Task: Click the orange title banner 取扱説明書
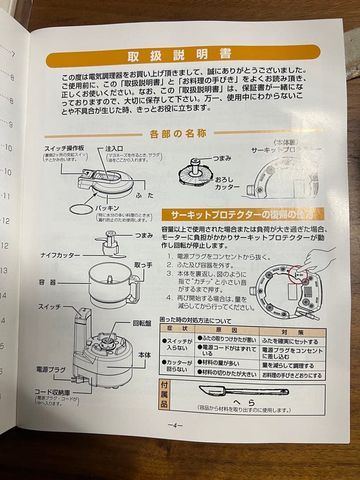182,56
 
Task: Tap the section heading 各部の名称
178,134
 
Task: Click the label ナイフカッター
60,255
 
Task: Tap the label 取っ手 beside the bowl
143,265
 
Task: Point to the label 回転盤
142,323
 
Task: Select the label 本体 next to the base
144,355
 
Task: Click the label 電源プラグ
51,369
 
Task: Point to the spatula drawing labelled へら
242,392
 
